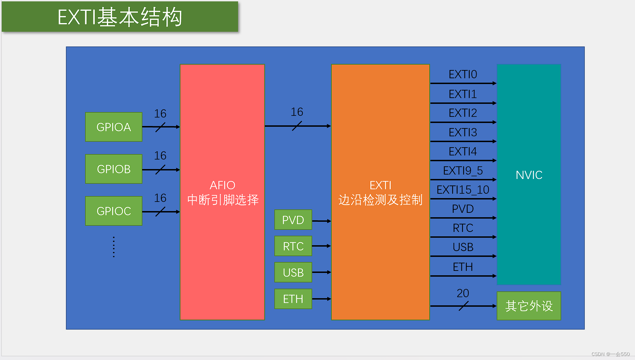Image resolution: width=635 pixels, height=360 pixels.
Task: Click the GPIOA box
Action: tap(114, 127)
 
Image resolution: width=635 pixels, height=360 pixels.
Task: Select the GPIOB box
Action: tap(114, 169)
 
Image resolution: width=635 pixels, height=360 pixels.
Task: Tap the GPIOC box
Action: tap(114, 211)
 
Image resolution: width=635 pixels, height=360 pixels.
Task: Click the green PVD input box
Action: tap(293, 220)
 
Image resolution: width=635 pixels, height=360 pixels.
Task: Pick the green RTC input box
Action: tap(293, 246)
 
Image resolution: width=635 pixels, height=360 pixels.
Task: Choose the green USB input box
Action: tap(293, 273)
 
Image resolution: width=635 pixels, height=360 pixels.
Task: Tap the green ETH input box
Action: tap(293, 299)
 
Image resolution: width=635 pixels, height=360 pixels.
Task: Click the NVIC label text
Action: tap(529, 175)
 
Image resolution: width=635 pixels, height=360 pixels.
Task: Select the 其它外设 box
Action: tap(529, 306)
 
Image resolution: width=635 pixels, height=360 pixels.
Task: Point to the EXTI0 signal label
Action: tap(463, 74)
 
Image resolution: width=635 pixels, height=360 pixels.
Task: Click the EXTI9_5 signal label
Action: tap(463, 170)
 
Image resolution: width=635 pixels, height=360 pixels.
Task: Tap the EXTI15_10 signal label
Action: tap(463, 190)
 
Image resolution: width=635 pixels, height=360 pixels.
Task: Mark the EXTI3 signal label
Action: tap(463, 132)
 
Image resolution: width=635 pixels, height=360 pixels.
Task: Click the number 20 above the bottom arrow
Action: tap(463, 293)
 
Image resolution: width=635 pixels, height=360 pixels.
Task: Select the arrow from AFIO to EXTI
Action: tap(298, 126)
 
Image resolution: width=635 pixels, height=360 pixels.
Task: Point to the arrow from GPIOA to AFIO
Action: tap(161, 127)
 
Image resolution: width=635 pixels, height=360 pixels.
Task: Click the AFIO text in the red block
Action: tap(222, 185)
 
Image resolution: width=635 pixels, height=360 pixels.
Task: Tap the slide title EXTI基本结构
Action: tap(120, 17)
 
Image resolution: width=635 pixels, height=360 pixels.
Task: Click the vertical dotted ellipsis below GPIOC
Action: tap(114, 247)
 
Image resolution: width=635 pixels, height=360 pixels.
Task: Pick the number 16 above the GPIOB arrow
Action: tap(160, 156)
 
